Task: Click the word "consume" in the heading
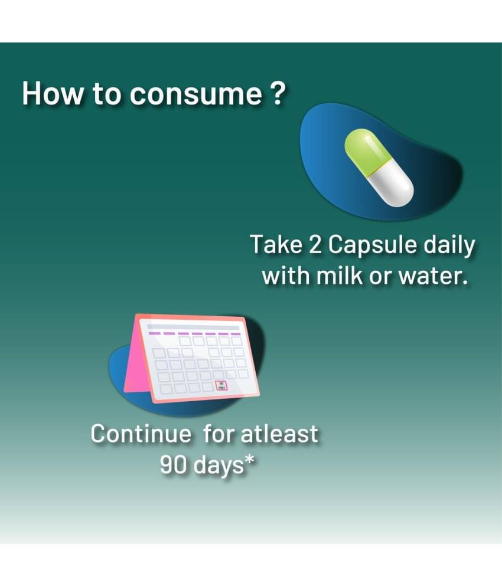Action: click(x=195, y=94)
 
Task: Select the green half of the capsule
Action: click(x=365, y=152)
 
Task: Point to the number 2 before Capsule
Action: click(x=315, y=244)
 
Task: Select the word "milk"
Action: click(x=339, y=276)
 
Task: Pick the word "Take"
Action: click(x=276, y=244)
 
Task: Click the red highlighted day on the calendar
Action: click(x=221, y=386)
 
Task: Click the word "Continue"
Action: click(x=141, y=434)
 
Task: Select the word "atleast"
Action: click(x=279, y=434)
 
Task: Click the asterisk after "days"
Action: click(x=249, y=460)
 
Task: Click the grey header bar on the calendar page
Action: click(x=194, y=327)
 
